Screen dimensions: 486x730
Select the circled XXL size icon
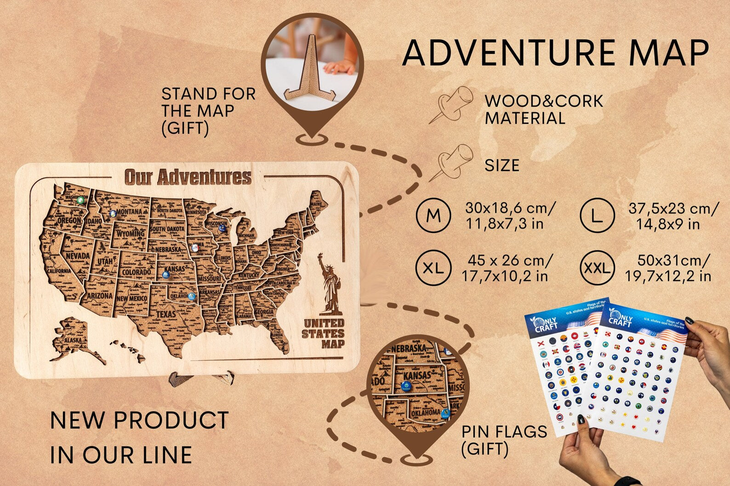click(597, 268)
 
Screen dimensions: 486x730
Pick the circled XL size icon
click(433, 268)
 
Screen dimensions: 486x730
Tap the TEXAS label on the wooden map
click(166, 315)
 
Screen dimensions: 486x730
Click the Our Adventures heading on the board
click(188, 177)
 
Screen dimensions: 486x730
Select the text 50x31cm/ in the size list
click(673, 260)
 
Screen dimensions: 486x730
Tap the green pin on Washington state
click(81, 200)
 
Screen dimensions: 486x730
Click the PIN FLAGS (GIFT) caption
click(504, 440)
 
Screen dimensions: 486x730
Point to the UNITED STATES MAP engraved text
click(324, 333)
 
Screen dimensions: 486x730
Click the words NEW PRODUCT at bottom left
click(139, 420)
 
